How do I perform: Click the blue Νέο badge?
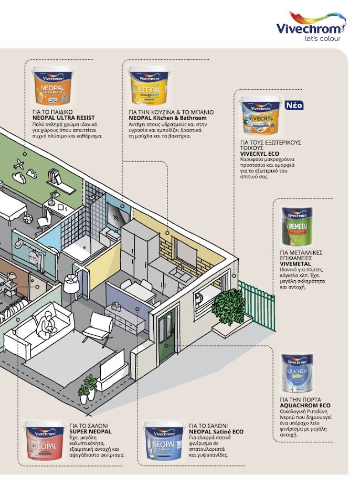click(294, 105)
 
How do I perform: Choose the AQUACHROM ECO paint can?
click(297, 373)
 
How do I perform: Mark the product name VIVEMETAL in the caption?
click(294, 263)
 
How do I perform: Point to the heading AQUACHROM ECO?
click(305, 406)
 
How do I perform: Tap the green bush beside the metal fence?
click(229, 306)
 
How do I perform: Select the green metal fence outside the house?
click(258, 304)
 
